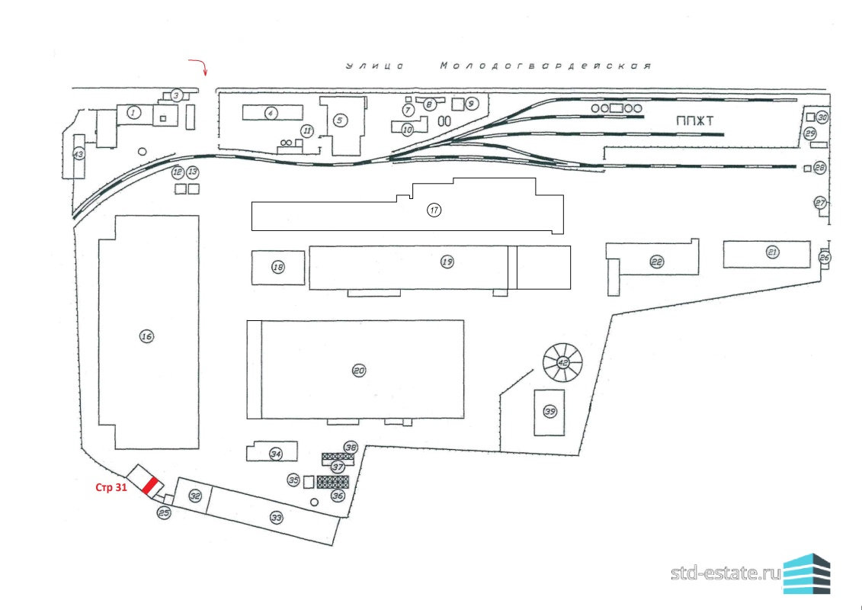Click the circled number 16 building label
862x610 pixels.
pyautogui.click(x=146, y=336)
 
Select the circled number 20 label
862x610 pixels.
pyautogui.click(x=359, y=371)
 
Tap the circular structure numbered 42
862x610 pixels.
pyautogui.click(x=562, y=362)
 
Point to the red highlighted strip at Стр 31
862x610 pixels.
pyautogui.click(x=150, y=486)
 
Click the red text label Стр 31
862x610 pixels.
pyautogui.click(x=111, y=486)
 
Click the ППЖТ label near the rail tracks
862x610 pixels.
pyautogui.click(x=696, y=121)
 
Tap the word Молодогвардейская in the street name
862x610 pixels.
pyautogui.click(x=546, y=66)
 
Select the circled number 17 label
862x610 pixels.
pyautogui.click(x=434, y=210)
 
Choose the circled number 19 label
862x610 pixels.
pyautogui.click(x=447, y=262)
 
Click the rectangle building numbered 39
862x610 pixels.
pyautogui.click(x=550, y=412)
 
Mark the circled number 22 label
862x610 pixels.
pyautogui.click(x=656, y=262)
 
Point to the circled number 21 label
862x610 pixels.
pyautogui.click(x=773, y=252)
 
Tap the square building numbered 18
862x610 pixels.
pyautogui.click(x=278, y=268)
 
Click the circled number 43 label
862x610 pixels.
pyautogui.click(x=79, y=155)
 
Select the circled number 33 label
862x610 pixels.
pyautogui.click(x=277, y=518)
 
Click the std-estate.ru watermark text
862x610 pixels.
pyautogui.click(x=726, y=573)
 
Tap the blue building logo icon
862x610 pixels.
pyautogui.click(x=806, y=574)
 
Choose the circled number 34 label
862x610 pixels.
pyautogui.click(x=276, y=454)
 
